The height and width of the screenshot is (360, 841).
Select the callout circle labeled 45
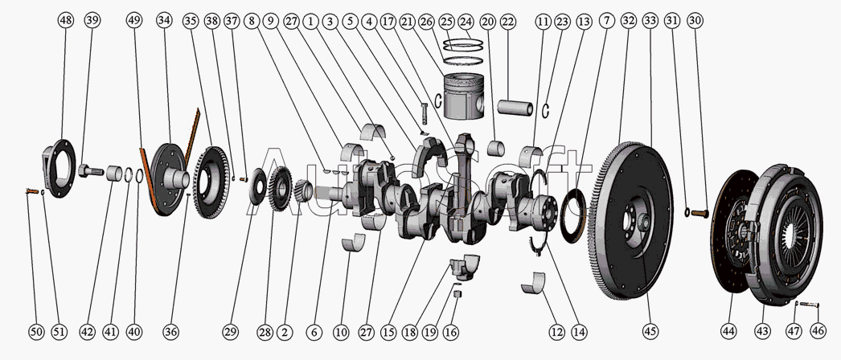click(650, 332)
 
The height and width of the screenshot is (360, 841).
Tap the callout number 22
click(507, 21)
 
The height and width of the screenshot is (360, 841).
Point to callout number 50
click(36, 332)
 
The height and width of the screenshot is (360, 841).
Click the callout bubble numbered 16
click(451, 332)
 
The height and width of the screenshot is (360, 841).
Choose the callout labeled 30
click(695, 21)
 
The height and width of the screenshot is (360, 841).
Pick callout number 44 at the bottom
click(728, 332)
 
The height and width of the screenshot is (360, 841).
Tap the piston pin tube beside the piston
click(515, 107)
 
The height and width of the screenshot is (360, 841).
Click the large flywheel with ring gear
click(631, 220)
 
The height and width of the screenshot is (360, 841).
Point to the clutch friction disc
click(734, 231)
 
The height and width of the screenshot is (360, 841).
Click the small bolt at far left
click(31, 190)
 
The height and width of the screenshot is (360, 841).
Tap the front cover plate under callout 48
click(59, 168)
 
